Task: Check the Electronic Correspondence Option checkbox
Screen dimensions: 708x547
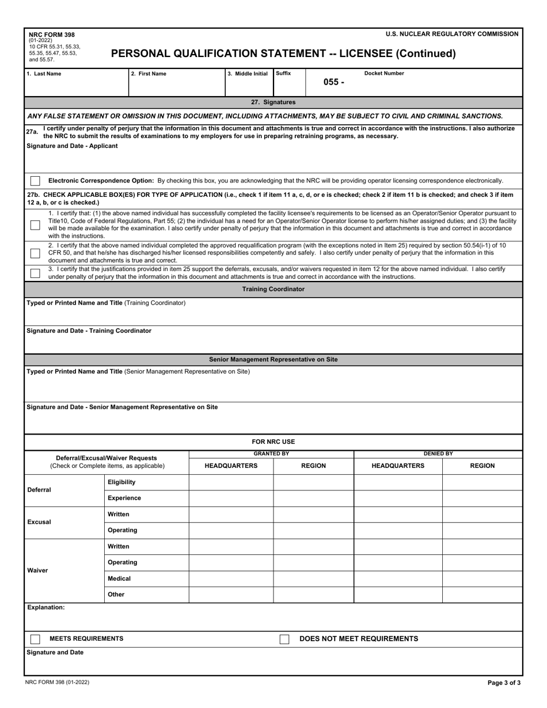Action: click(35, 181)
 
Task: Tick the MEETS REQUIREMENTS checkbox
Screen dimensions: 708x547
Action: click(35, 639)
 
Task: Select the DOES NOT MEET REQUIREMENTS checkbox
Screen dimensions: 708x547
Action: click(284, 639)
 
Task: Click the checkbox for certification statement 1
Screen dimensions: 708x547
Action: click(35, 225)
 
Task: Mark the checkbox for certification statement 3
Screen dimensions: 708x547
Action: click(35, 273)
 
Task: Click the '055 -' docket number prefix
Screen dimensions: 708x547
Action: click(333, 82)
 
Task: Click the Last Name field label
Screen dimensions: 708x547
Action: click(44, 74)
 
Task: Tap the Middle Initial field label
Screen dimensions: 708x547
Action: click(248, 74)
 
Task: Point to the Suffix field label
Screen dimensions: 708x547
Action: click(283, 74)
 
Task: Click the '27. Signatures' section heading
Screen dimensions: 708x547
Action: click(273, 102)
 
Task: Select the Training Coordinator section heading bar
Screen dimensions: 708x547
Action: click(273, 289)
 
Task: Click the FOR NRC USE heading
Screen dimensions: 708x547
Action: click(273, 441)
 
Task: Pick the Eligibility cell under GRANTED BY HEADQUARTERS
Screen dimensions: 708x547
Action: click(231, 482)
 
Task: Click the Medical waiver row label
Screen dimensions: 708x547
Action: click(119, 578)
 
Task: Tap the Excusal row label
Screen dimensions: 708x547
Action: click(39, 522)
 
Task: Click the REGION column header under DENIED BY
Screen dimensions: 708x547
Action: click(482, 466)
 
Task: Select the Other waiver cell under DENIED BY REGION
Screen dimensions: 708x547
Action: click(482, 595)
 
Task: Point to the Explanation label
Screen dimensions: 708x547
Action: click(46, 607)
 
